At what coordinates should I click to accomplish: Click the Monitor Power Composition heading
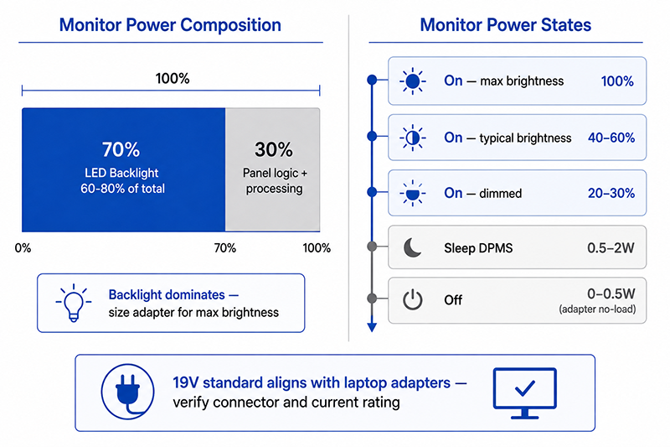pos(170,25)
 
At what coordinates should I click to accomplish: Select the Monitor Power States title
pos(506,25)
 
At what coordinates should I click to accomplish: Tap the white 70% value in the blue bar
pos(121,149)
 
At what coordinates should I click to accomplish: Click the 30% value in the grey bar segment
pos(274,149)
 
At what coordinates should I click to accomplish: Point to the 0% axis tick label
pos(23,248)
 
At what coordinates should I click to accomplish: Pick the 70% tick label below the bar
pos(224,248)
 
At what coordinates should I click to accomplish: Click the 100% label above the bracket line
pos(173,78)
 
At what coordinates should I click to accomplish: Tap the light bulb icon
pos(73,303)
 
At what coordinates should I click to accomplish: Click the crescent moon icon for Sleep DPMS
pos(412,247)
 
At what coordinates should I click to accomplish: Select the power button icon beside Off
pos(412,300)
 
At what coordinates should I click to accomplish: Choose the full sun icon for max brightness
pos(412,81)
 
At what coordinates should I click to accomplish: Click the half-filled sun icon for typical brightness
pos(412,138)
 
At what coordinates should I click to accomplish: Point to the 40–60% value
pos(611,138)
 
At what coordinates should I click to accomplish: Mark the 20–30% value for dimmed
pos(611,193)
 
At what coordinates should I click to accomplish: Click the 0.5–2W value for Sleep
pos(611,247)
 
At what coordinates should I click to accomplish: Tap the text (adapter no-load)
pos(597,309)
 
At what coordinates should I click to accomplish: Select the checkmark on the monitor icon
pos(525,387)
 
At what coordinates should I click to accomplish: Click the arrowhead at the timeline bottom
pos(372,326)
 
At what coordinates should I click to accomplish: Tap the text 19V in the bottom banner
pos(185,382)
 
